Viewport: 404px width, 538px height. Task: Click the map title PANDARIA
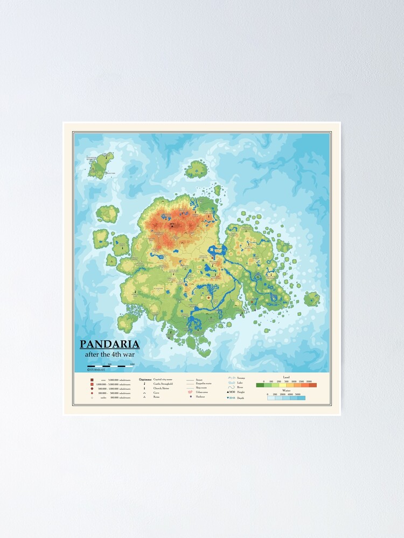tap(110, 344)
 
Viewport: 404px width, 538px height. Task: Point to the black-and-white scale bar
tap(110, 366)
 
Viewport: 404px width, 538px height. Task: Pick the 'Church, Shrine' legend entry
tap(161, 388)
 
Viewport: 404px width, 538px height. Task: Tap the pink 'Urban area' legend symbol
tap(190, 392)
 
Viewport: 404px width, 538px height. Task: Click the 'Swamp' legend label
tap(241, 378)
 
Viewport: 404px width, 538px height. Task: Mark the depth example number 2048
tap(232, 398)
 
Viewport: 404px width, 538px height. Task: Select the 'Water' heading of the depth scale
tap(286, 391)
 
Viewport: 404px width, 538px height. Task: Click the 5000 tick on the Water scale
tap(298, 394)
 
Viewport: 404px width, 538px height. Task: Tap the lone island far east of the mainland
tap(311, 299)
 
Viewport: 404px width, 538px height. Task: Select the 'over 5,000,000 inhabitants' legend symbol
tap(92, 379)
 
